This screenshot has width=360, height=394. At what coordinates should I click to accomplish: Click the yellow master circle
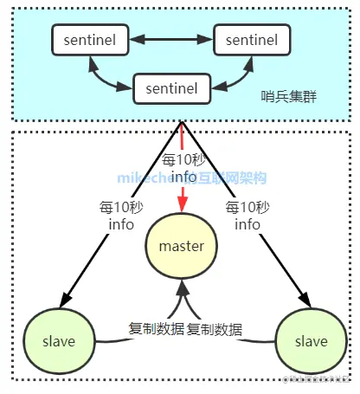tap(181, 246)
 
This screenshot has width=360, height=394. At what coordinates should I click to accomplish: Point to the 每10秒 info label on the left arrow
tap(115, 215)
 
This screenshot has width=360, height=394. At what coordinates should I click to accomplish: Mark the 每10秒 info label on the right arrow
tap(247, 215)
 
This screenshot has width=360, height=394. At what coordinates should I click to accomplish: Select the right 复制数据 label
tap(214, 329)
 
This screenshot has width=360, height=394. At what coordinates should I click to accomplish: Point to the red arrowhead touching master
tap(182, 204)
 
